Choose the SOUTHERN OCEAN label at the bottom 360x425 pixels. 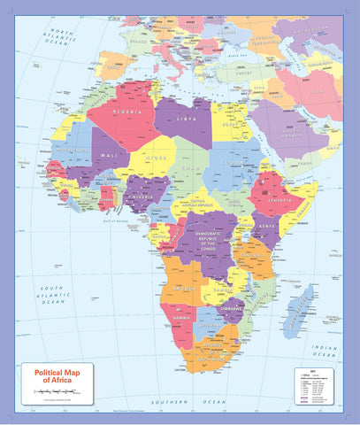tap(195, 402)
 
